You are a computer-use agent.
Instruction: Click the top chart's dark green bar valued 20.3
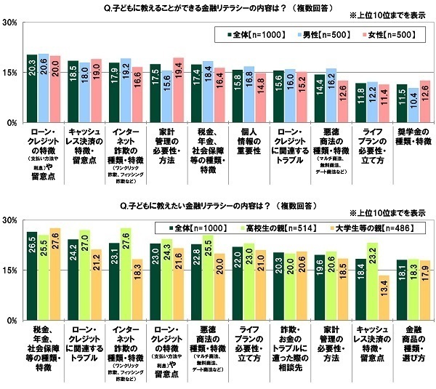[x=32, y=89]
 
